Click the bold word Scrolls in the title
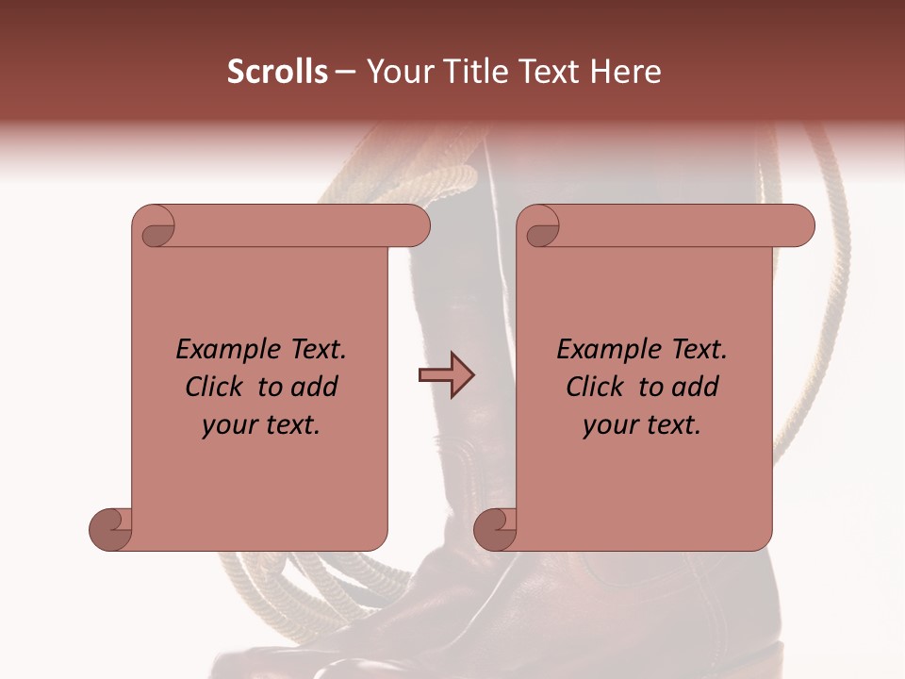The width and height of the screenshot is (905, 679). pos(278,72)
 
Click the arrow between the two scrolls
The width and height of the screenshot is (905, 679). pos(446,375)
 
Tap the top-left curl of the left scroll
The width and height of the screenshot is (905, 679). pos(155,227)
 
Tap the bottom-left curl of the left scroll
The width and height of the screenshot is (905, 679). pos(109,529)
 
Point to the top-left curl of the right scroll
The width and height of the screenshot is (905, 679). pos(540,227)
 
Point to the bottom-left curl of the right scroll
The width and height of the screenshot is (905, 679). pos(494,529)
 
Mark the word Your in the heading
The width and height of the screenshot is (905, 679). pos(396,72)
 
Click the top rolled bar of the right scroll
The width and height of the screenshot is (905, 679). pos(679,225)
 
